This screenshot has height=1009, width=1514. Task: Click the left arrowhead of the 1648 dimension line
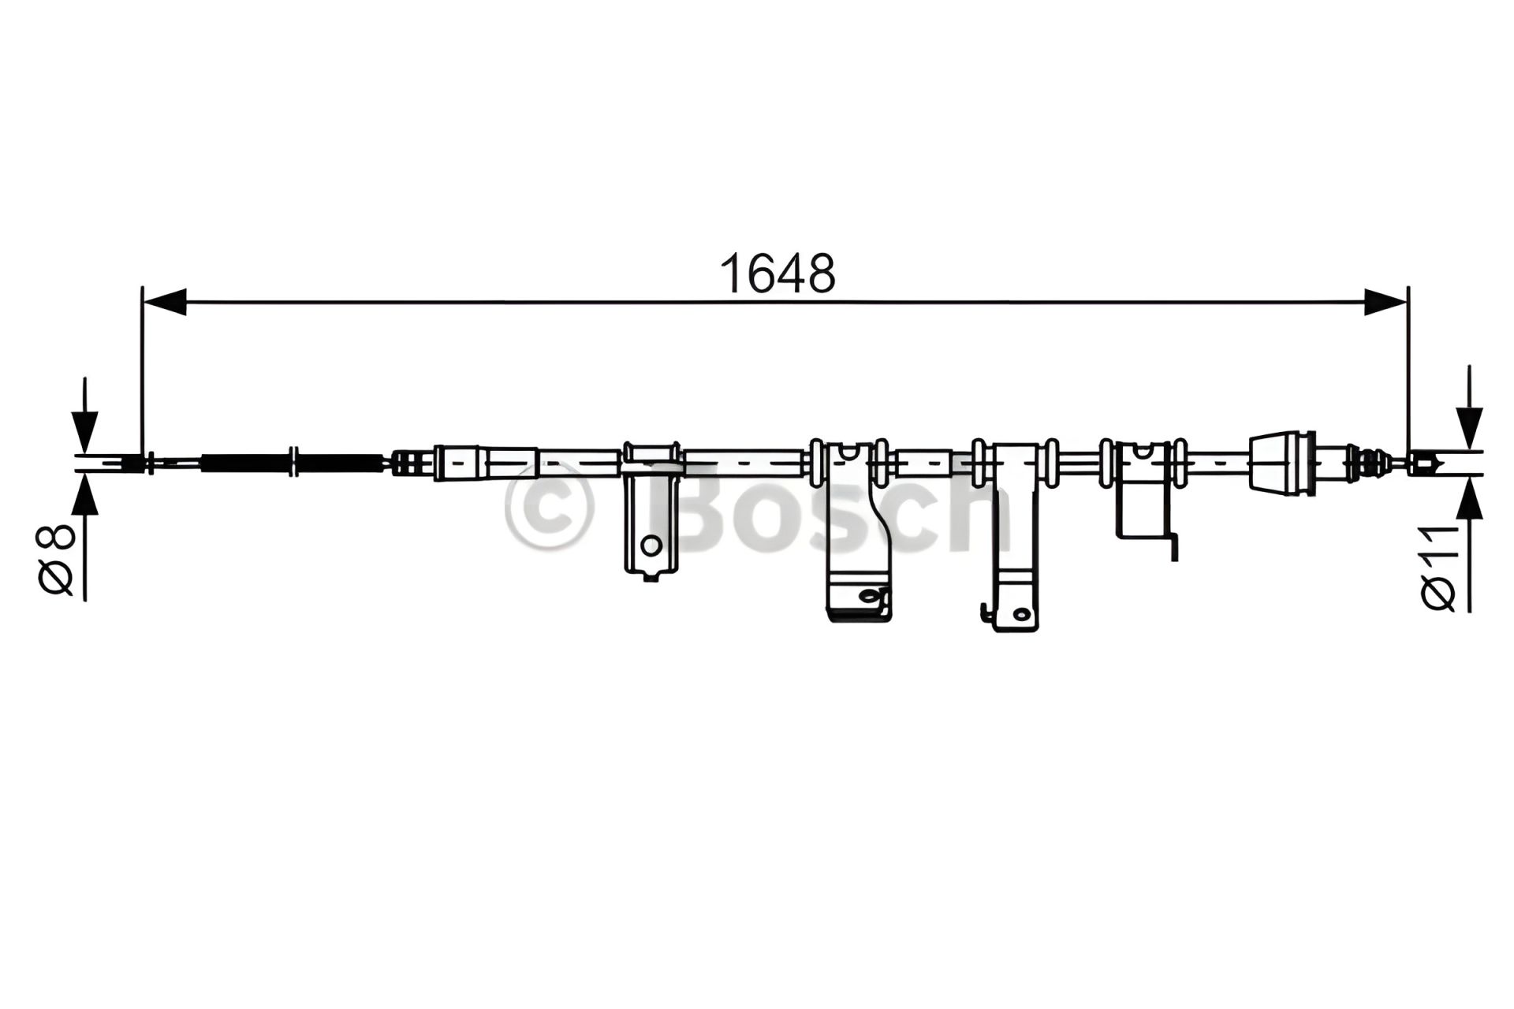point(164,302)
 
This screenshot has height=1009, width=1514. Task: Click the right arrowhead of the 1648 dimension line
point(1385,302)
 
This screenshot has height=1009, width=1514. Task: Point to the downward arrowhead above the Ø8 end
point(84,434)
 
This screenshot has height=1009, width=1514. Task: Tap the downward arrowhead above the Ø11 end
point(1469,430)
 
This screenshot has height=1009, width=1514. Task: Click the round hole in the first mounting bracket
point(651,544)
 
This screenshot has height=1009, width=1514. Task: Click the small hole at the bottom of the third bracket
point(1021,613)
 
